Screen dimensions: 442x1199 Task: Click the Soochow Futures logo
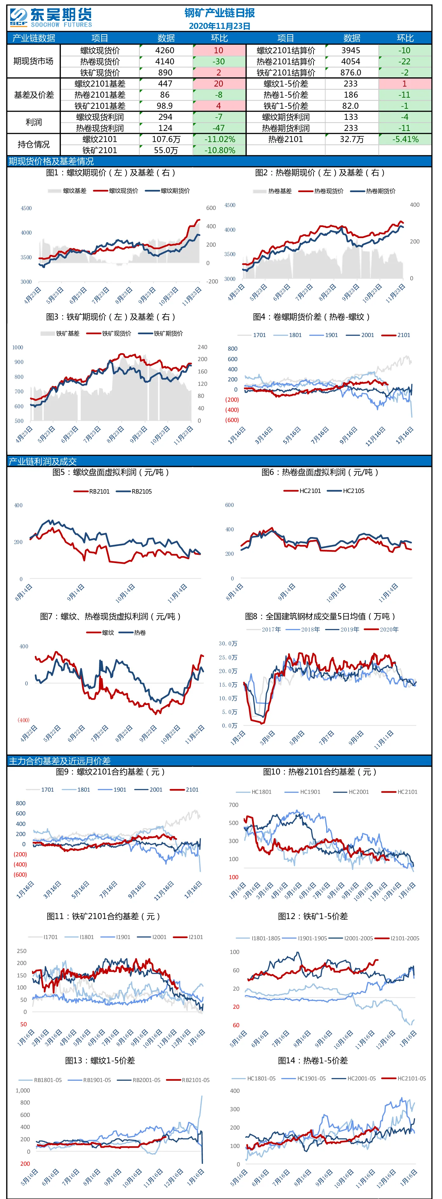coord(51,18)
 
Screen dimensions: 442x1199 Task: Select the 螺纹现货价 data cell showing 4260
coord(165,50)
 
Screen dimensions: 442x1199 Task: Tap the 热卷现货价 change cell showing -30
coord(219,62)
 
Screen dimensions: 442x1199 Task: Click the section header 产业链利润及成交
coord(43,461)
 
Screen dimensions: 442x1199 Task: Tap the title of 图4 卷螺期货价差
coord(311,317)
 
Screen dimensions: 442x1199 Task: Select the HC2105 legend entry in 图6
coord(346,491)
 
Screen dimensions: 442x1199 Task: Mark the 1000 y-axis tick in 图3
coord(18,348)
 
